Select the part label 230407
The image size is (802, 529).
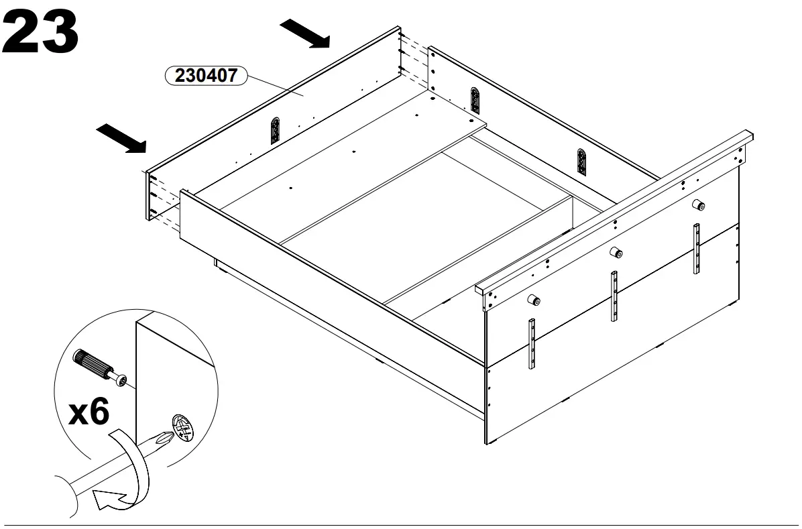point(206,76)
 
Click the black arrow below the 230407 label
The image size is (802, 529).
point(121,138)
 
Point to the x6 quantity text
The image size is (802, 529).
point(89,412)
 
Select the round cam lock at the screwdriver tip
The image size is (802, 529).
point(182,427)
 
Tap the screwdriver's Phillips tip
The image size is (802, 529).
point(162,439)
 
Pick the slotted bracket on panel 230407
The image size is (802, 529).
point(274,131)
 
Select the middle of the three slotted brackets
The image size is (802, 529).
point(475,101)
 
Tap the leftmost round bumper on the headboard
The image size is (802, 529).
point(535,300)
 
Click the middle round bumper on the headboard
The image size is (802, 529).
point(615,253)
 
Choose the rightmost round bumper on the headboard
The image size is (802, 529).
point(697,206)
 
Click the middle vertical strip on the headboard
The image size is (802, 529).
point(613,296)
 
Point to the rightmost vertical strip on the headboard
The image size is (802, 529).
point(697,248)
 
